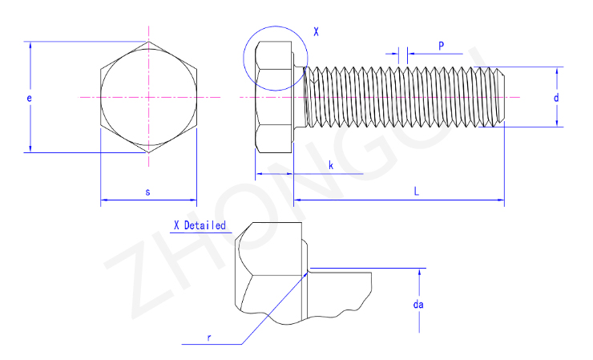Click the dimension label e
click(x=29, y=98)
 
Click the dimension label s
click(x=148, y=192)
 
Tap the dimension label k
click(x=331, y=165)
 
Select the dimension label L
click(x=417, y=191)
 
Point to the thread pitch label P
click(x=441, y=47)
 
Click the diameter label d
click(x=556, y=98)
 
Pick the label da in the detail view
click(x=418, y=305)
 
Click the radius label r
click(x=209, y=338)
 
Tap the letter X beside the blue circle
click(x=316, y=32)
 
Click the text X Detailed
click(x=200, y=225)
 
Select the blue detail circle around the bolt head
click(x=276, y=59)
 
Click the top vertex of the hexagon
click(x=148, y=42)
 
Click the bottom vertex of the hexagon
click(x=148, y=152)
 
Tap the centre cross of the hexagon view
click(x=148, y=97)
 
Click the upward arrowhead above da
click(x=419, y=272)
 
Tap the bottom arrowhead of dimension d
click(x=557, y=123)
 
